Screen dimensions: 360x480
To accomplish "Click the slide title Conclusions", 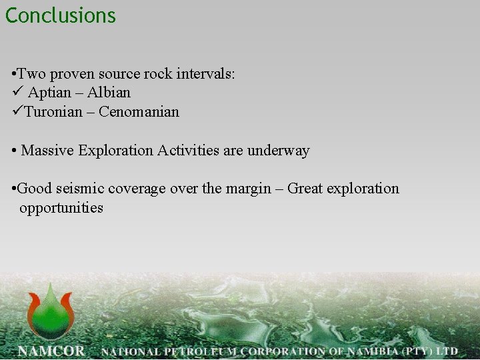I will [61, 15].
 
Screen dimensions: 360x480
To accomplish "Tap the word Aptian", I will [49, 93].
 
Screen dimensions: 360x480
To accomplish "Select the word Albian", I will [109, 93].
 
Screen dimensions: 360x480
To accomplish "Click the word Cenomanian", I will [139, 112].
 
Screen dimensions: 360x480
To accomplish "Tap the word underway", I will [279, 151].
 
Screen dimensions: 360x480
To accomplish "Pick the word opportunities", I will [61, 208].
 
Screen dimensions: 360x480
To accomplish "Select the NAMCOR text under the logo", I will [51, 351].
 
